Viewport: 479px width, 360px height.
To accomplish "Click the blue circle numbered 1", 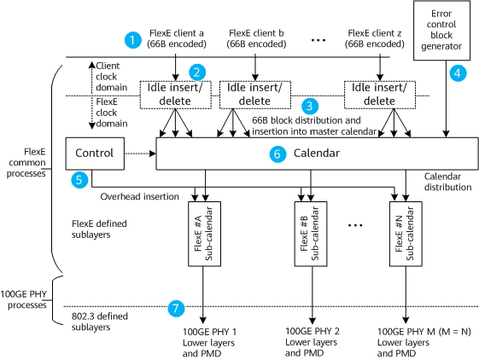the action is pyautogui.click(x=133, y=40).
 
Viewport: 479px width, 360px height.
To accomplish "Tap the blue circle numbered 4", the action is pyautogui.click(x=458, y=73).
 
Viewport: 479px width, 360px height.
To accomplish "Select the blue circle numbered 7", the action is pyautogui.click(x=176, y=309).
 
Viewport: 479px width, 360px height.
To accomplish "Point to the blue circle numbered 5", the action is pyautogui.click(x=79, y=179).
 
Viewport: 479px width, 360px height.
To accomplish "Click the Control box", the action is pyautogui.click(x=95, y=154).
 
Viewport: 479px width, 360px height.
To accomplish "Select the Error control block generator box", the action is pyautogui.click(x=441, y=30).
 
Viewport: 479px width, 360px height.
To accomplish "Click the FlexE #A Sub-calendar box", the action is pyautogui.click(x=204, y=234).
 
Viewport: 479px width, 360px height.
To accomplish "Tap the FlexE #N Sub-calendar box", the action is pyautogui.click(x=406, y=234).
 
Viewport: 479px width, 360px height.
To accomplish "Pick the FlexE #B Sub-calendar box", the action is pyautogui.click(x=311, y=234).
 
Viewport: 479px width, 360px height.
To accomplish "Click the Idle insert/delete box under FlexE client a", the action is pyautogui.click(x=175, y=95).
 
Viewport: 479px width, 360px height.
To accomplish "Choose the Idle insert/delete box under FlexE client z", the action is pyautogui.click(x=380, y=95).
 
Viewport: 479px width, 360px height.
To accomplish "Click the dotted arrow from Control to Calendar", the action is pyautogui.click(x=140, y=154).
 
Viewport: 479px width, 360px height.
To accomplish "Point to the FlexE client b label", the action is pyautogui.click(x=256, y=33).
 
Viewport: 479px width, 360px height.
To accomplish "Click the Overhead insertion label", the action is pyautogui.click(x=140, y=196).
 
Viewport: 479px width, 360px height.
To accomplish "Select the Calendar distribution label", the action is pyautogui.click(x=448, y=182).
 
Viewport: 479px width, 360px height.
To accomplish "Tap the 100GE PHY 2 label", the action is pyautogui.click(x=313, y=331).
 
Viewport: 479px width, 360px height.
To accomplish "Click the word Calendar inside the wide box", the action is pyautogui.click(x=317, y=153).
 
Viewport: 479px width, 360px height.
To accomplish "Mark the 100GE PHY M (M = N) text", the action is pyautogui.click(x=424, y=332).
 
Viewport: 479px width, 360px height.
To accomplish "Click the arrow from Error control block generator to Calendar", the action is pyautogui.click(x=446, y=99).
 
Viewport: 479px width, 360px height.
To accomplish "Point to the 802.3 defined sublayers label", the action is pyautogui.click(x=100, y=322).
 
